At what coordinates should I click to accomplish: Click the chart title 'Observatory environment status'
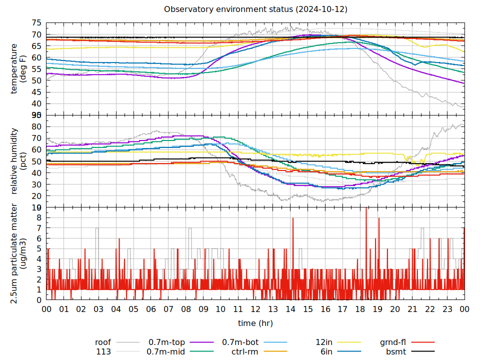pos(255,9)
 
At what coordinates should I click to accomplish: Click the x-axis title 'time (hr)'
pos(255,323)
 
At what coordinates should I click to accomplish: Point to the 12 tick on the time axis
pos(255,309)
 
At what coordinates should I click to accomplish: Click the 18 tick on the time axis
pos(360,309)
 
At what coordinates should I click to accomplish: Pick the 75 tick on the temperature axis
pos(36,23)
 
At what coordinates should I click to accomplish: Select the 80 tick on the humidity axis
pos(36,126)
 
